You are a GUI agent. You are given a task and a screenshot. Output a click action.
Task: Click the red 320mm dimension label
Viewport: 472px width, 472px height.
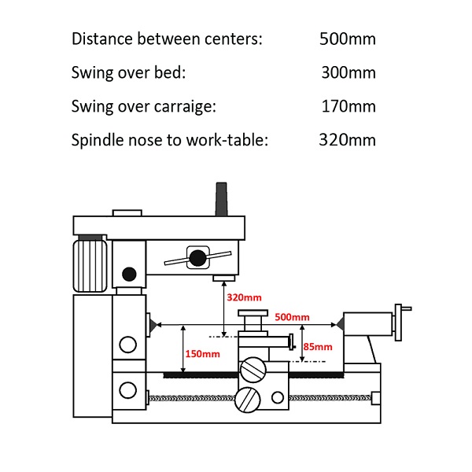coord(244,298)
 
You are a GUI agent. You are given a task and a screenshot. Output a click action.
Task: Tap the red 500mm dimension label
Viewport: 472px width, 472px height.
coord(293,316)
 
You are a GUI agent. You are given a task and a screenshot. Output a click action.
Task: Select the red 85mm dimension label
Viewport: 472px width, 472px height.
coord(317,346)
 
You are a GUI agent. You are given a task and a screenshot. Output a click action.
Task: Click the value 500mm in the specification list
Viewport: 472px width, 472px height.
coord(347,39)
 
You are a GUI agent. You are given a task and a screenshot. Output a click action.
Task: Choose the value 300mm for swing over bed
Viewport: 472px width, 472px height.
coord(348,73)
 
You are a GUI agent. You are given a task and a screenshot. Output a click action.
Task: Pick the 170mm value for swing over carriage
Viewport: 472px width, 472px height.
coord(348,107)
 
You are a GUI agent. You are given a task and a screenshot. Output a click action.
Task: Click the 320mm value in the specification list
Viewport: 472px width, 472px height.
coord(347,141)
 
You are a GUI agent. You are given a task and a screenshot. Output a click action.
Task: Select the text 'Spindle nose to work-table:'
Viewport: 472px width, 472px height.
coord(170,141)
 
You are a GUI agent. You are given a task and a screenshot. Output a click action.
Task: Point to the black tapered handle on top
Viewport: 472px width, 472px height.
coord(221,197)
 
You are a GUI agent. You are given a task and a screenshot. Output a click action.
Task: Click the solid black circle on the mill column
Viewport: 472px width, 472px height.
coord(129,274)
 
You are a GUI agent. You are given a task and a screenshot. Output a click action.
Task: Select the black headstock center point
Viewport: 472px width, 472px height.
coord(149,323)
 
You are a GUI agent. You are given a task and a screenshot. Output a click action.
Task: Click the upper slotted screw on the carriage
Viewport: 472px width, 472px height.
coord(253,369)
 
